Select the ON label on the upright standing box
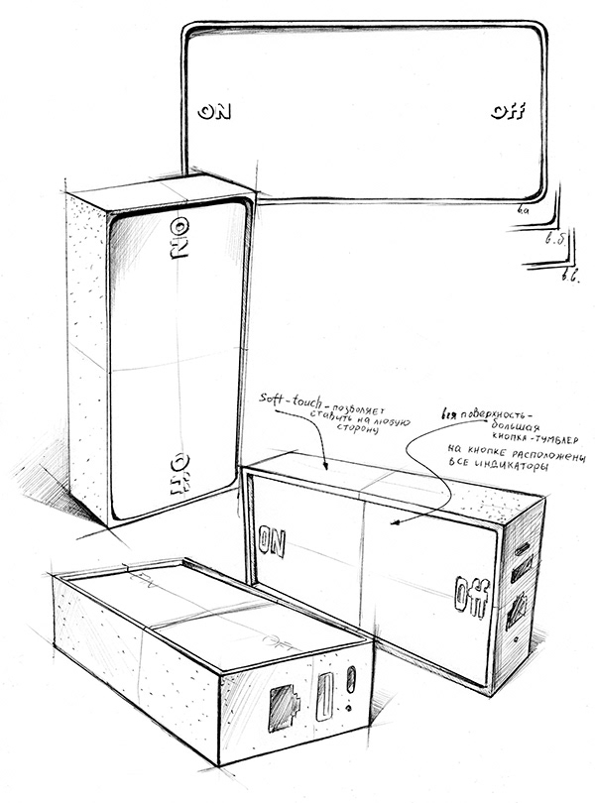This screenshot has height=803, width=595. click(x=179, y=234)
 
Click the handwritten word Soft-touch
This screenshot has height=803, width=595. click(x=281, y=398)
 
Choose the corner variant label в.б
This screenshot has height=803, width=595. click(x=555, y=243)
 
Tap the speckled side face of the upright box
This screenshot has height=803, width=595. click(x=88, y=347)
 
